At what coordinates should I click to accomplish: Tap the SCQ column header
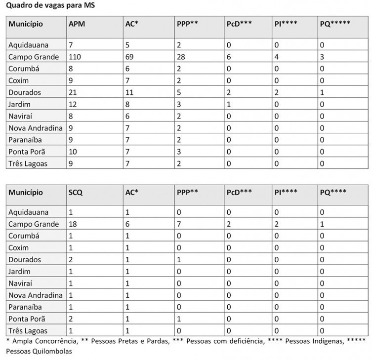(76, 192)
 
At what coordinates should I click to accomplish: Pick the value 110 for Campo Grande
(75, 57)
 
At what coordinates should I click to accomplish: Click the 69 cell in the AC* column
(130, 57)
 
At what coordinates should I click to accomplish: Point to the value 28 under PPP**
(181, 57)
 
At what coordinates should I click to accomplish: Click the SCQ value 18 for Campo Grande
(73, 224)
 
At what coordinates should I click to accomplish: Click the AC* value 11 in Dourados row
(129, 92)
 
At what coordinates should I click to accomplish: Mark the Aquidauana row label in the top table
(28, 45)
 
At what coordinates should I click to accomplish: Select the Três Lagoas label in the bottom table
(28, 331)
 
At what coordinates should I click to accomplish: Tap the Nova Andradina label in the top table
(36, 128)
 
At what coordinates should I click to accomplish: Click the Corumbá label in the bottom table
(24, 236)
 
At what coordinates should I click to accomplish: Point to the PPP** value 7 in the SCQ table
(179, 224)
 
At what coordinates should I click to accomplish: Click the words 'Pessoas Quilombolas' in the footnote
(39, 352)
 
